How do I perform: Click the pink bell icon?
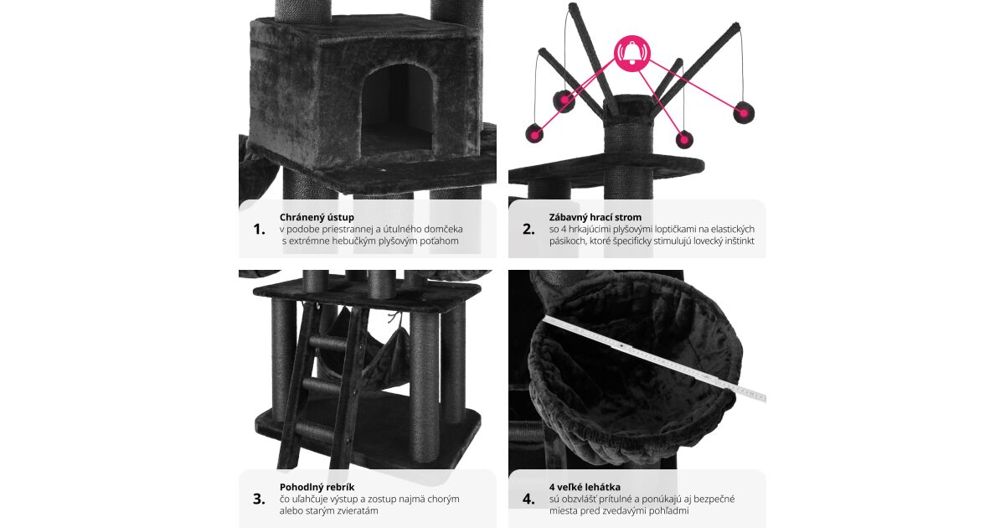[x=632, y=54]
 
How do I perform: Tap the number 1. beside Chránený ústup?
[x=260, y=230]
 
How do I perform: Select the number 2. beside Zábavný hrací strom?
[x=528, y=230]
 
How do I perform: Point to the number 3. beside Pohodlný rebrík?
[x=259, y=499]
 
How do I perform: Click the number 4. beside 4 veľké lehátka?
[x=528, y=499]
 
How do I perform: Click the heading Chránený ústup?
[x=317, y=217]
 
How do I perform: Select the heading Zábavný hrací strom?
[x=595, y=217]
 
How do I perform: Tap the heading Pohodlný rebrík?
[x=317, y=487]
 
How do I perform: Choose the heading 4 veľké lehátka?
[x=585, y=487]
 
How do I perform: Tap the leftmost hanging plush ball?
[x=534, y=134]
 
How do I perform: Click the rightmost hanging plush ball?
[x=744, y=112]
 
